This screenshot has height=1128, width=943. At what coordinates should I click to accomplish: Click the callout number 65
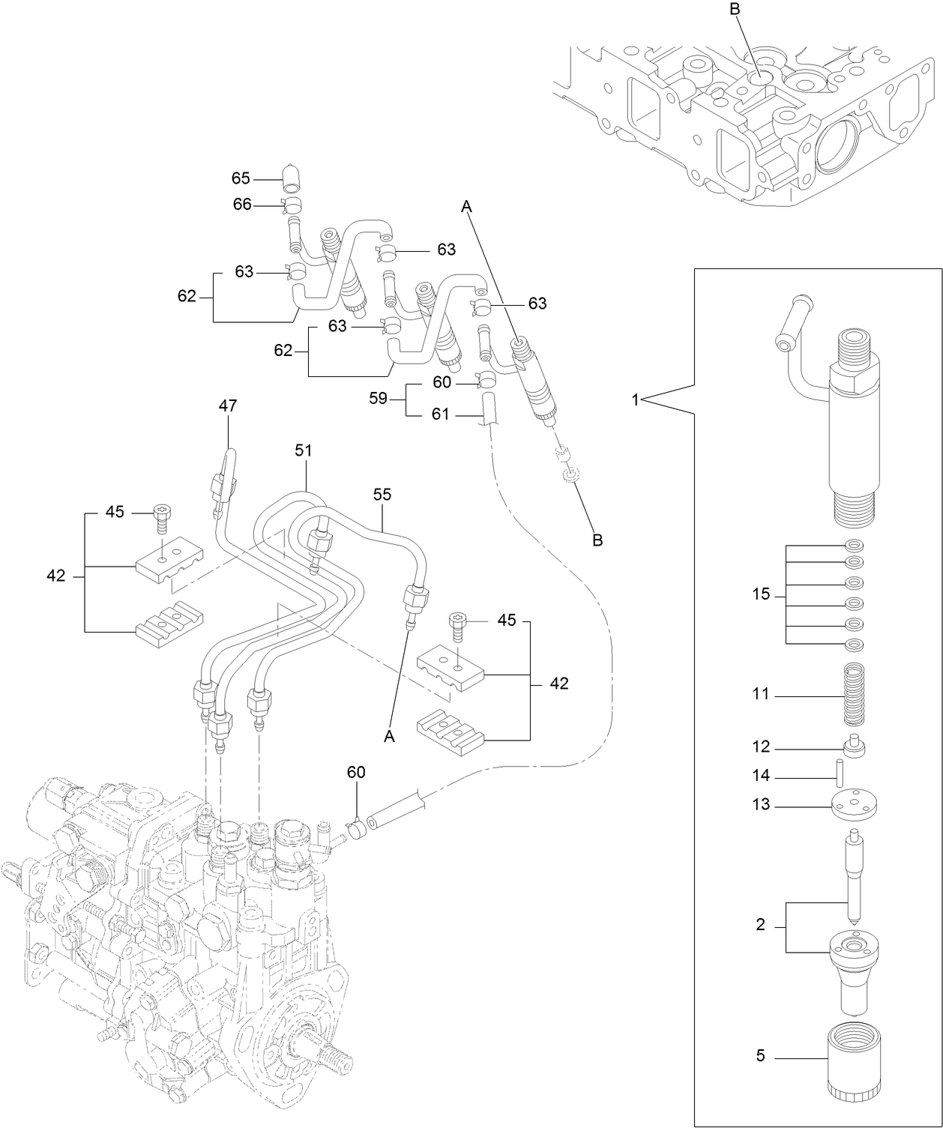(x=241, y=178)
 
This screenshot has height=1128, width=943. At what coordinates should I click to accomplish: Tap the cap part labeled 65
(x=292, y=179)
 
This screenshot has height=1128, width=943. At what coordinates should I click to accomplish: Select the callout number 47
(x=228, y=405)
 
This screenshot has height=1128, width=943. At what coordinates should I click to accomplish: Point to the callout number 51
(x=303, y=450)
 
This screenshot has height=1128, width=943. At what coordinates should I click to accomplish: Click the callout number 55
(x=382, y=495)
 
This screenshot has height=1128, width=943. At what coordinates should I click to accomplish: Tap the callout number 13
(x=761, y=804)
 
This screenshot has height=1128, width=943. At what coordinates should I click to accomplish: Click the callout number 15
(x=761, y=594)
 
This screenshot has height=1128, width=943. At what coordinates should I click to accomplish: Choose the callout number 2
(x=760, y=925)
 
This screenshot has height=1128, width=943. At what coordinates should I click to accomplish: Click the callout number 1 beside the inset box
(x=635, y=400)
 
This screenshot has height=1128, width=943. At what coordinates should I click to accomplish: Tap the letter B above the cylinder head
(x=734, y=10)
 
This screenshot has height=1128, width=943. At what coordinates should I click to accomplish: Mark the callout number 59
(x=378, y=398)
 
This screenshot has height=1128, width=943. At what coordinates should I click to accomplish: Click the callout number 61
(x=440, y=413)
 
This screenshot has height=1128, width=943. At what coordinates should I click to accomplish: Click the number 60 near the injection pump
(x=356, y=772)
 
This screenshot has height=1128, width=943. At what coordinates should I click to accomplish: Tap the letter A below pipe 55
(x=389, y=737)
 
